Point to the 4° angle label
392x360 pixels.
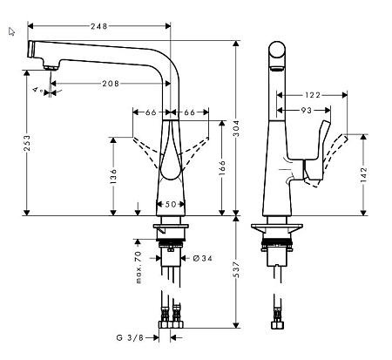36,90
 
